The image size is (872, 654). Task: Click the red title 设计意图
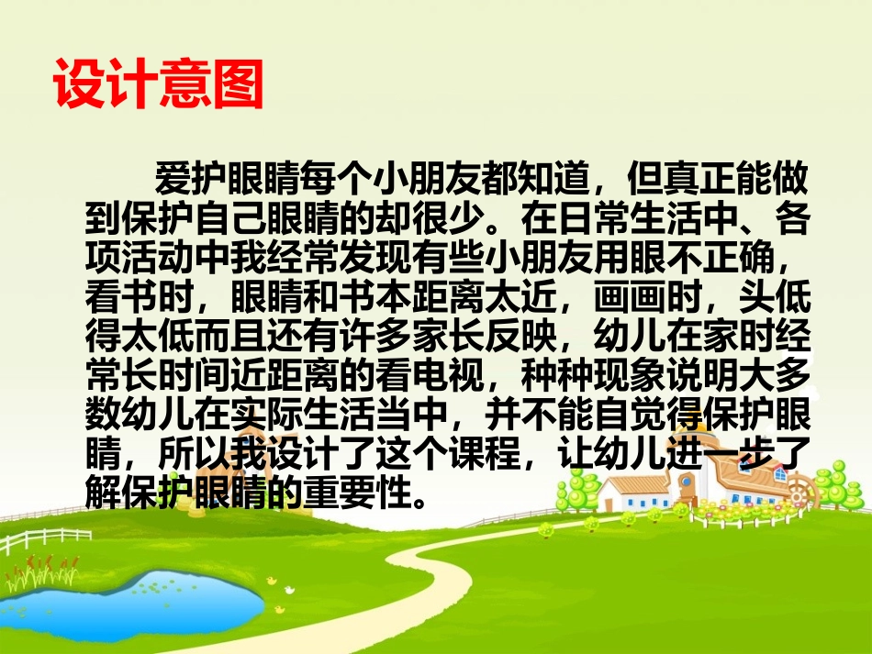tap(158, 86)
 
